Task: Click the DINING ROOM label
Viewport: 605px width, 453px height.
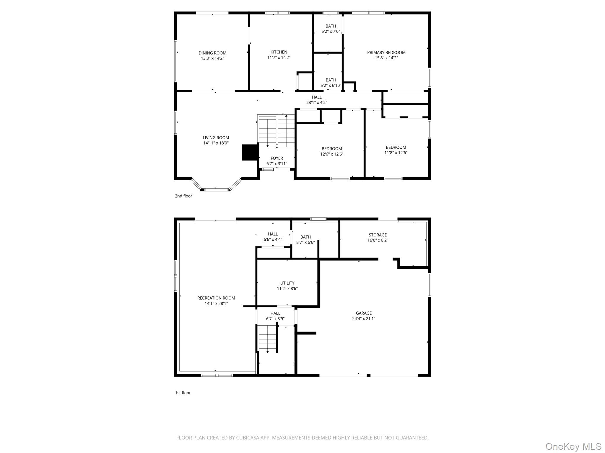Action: click(x=212, y=53)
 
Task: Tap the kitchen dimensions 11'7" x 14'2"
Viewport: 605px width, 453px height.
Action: click(x=279, y=58)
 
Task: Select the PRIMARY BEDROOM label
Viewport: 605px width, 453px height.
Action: click(x=386, y=52)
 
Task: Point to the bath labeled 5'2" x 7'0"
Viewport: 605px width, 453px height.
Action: click(x=331, y=31)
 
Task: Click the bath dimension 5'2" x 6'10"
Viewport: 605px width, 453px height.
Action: click(x=331, y=86)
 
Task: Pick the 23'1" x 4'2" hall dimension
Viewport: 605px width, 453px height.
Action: click(x=316, y=103)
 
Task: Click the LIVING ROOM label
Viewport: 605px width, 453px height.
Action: click(x=216, y=138)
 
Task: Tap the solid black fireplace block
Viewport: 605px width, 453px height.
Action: click(x=250, y=152)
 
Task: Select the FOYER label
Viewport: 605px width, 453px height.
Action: click(x=277, y=158)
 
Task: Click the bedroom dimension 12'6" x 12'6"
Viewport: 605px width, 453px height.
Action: click(x=332, y=154)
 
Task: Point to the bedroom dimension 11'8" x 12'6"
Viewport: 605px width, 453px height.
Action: click(x=396, y=153)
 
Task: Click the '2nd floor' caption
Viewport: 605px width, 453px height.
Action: click(x=183, y=196)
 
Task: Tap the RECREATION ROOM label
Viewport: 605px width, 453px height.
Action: click(x=216, y=298)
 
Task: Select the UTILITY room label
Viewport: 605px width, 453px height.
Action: click(x=287, y=283)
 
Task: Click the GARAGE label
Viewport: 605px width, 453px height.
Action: click(x=364, y=313)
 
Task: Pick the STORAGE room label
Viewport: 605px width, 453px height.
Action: click(x=378, y=235)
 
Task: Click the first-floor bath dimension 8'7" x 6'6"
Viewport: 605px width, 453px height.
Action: click(x=305, y=242)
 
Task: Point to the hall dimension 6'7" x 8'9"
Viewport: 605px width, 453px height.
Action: click(x=275, y=319)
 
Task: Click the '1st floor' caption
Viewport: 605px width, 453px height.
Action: click(x=183, y=393)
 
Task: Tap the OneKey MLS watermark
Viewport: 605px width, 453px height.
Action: click(x=573, y=446)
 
